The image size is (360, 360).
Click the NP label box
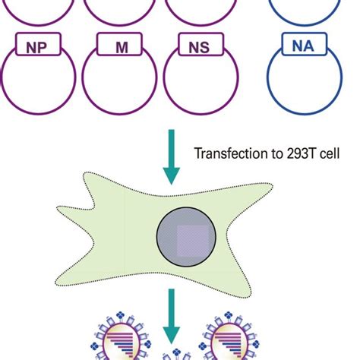coord(39,48)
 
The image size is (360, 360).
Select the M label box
coord(122,48)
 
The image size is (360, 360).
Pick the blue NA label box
coord(303,46)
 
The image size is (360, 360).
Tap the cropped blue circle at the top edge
coord(303,11)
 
